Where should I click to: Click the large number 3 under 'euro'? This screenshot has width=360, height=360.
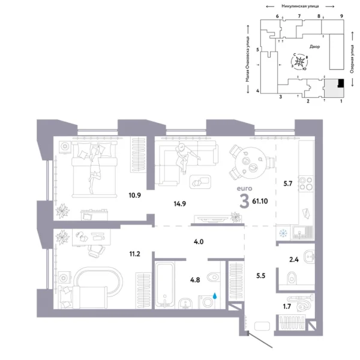tap(244, 202)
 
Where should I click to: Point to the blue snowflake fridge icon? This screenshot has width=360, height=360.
tap(283, 233)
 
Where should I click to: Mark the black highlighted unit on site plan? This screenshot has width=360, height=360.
tap(340, 84)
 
